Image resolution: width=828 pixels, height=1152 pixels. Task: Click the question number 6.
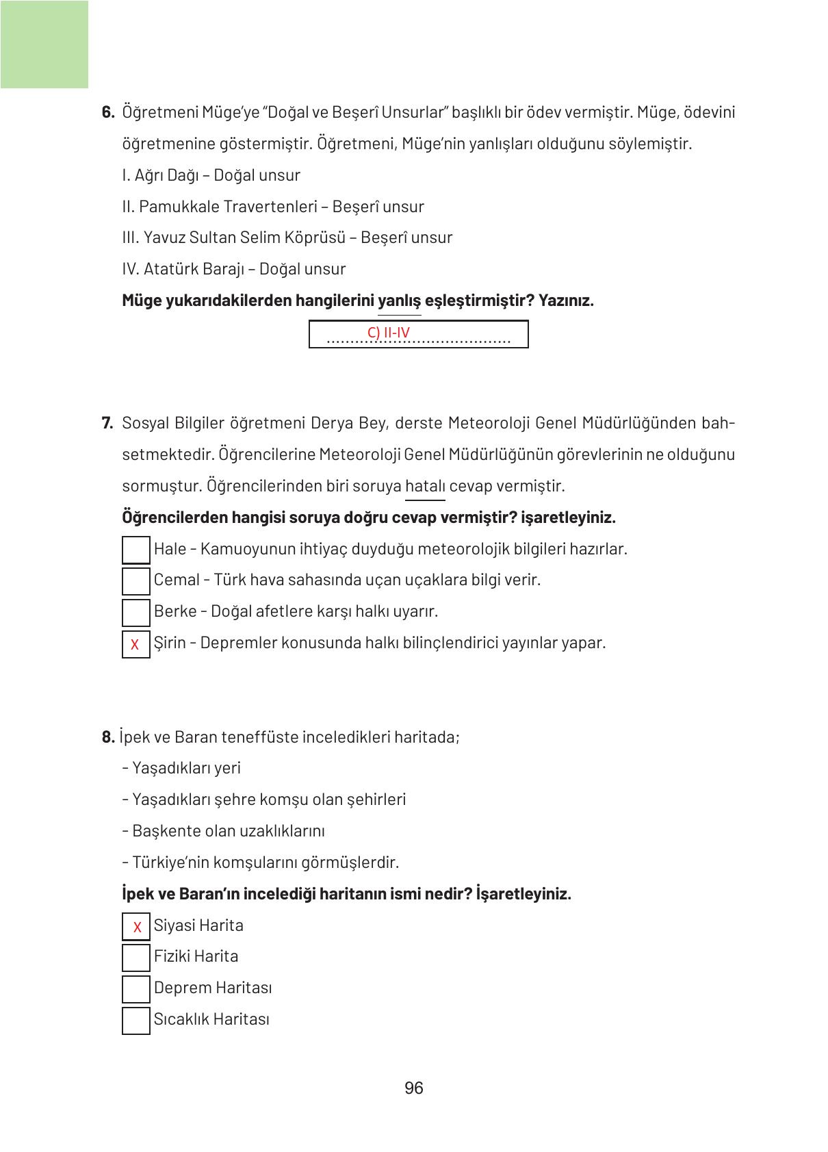point(107,112)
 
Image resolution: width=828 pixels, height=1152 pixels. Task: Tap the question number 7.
point(107,423)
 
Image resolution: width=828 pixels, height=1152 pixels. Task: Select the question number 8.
point(107,737)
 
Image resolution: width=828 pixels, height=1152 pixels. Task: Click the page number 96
point(414,1088)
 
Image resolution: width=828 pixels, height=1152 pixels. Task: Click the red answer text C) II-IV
point(389,333)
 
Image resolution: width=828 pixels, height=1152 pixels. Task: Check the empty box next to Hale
point(135,550)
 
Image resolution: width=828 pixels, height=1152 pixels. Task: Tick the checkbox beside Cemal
point(135,580)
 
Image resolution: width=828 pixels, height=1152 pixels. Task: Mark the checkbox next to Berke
point(135,612)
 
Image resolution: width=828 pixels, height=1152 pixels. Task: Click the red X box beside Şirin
point(135,644)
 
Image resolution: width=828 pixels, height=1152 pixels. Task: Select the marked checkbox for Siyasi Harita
point(136,927)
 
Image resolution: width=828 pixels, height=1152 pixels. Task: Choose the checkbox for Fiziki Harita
point(135,958)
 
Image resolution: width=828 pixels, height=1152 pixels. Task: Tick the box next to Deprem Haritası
point(135,989)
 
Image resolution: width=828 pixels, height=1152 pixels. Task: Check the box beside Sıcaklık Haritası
point(135,1020)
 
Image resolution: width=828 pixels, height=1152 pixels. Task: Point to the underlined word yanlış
point(399,300)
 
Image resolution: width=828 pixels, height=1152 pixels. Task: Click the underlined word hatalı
point(425,487)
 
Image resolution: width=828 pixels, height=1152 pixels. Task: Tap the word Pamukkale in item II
point(179,207)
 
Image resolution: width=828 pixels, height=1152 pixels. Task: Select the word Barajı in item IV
point(223,269)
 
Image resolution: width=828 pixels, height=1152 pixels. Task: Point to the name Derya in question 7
point(331,423)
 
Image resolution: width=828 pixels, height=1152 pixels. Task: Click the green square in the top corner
point(44,44)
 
